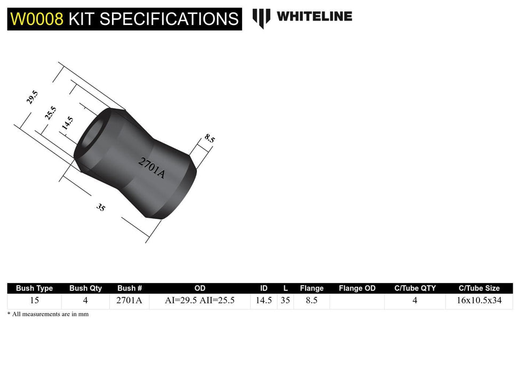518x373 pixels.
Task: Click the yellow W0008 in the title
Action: tap(37, 19)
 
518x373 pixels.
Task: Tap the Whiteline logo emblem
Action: tap(261, 18)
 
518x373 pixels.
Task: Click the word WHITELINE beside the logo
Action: tap(314, 17)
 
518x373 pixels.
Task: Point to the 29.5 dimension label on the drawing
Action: tap(33, 98)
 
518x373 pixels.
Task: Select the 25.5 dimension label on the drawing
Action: tap(51, 113)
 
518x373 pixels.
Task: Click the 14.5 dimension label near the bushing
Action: tap(67, 124)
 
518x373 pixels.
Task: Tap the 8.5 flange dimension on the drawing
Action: tap(210, 139)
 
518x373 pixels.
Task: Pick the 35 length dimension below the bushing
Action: tap(101, 207)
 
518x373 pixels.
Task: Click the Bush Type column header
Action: tap(34, 288)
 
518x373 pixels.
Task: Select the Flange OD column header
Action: tap(357, 288)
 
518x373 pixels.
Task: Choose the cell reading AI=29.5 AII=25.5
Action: tap(200, 301)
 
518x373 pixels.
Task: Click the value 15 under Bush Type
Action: tap(34, 301)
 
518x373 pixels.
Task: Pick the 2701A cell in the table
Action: tap(129, 301)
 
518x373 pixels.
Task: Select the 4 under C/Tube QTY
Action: tap(415, 301)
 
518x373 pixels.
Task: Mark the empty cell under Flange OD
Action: tap(357, 301)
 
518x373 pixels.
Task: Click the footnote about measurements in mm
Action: tap(48, 314)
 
